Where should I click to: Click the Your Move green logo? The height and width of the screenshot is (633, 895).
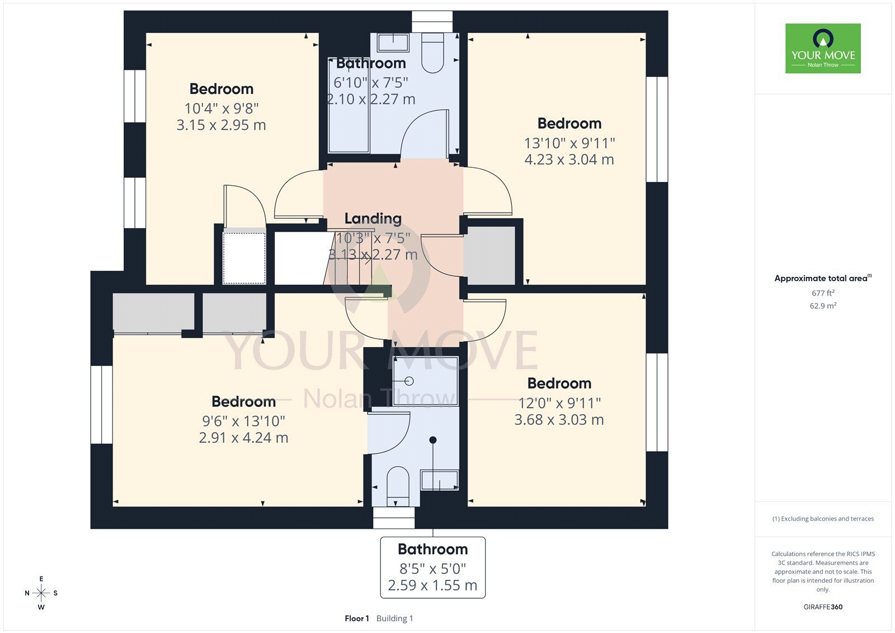click(x=823, y=48)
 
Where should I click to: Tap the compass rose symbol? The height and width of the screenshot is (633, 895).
click(x=41, y=593)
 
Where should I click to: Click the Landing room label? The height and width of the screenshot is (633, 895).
click(x=373, y=218)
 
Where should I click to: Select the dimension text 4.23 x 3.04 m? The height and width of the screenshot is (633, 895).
click(x=569, y=160)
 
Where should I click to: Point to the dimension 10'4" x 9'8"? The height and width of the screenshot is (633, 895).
click(x=222, y=108)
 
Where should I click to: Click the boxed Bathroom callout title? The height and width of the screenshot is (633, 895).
click(x=433, y=549)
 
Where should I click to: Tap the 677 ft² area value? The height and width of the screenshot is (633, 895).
click(x=823, y=293)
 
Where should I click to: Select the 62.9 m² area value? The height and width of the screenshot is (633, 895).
click(x=823, y=306)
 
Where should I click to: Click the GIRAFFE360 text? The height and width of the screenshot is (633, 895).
click(x=823, y=607)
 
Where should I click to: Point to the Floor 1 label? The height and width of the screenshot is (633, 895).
click(x=356, y=618)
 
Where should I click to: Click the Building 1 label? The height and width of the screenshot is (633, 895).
click(x=394, y=618)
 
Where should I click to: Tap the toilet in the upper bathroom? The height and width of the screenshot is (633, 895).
click(x=432, y=53)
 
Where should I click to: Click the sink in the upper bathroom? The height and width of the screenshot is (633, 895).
click(x=393, y=43)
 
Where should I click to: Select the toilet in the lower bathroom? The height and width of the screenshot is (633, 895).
click(x=398, y=486)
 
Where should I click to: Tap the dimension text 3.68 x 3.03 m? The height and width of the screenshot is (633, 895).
click(x=559, y=420)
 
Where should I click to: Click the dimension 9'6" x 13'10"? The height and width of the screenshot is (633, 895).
click(x=243, y=421)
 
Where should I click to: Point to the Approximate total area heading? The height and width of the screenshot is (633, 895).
click(x=823, y=278)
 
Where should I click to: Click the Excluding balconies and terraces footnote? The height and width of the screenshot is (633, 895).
click(x=823, y=519)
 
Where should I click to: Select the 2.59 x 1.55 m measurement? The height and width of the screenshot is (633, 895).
click(x=432, y=585)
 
